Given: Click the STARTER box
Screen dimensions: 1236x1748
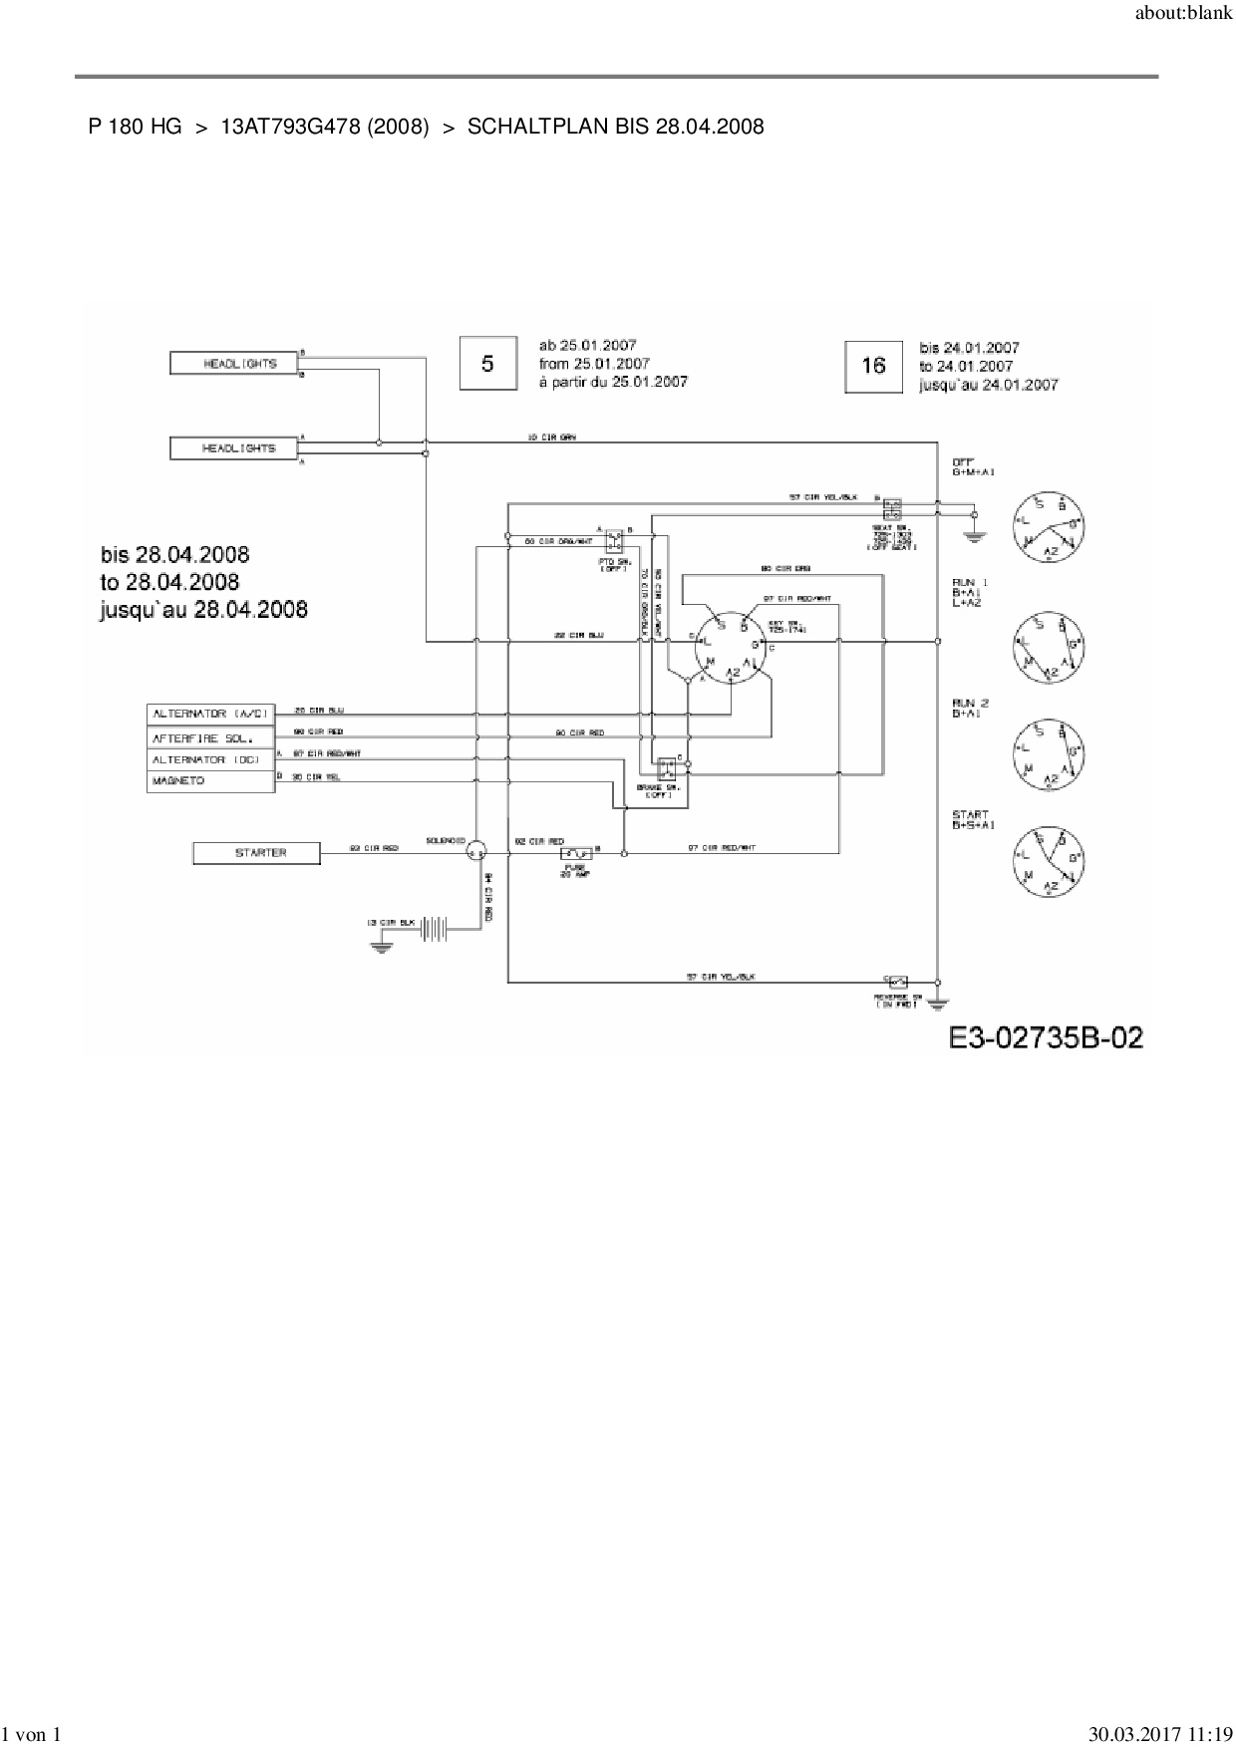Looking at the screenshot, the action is (256, 853).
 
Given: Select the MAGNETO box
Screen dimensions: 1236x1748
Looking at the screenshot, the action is (210, 781).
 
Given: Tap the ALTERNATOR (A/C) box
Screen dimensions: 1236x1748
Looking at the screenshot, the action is (210, 714).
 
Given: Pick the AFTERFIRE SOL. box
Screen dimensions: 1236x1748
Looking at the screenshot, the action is (210, 737).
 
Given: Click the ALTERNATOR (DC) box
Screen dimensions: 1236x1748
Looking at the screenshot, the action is (210, 759).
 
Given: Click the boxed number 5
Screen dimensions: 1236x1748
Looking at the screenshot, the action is (487, 364).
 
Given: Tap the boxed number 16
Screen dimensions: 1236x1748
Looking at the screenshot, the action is (873, 366).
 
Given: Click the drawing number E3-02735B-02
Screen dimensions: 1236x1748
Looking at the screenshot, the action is (1046, 1037).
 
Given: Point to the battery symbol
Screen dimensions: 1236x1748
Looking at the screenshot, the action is (435, 929).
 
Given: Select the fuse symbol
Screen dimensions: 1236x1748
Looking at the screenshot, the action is (576, 853).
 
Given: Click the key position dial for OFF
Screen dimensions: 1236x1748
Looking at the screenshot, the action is (1048, 526).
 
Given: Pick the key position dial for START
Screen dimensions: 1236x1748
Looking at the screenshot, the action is (1048, 860).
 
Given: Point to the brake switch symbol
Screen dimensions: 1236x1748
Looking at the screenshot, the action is (665, 767).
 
